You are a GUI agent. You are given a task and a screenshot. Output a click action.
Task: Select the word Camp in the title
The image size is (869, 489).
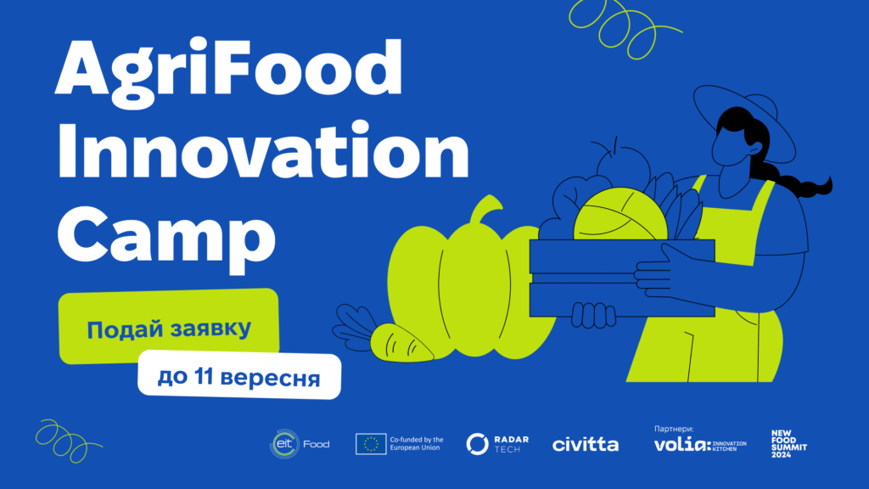pos(167,237)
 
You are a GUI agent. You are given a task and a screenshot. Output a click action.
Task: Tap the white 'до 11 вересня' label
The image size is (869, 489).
pos(238,375)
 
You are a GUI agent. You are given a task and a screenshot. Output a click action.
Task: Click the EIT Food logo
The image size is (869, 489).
pos(300,443)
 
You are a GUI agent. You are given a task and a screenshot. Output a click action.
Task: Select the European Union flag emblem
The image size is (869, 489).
pos(371,443)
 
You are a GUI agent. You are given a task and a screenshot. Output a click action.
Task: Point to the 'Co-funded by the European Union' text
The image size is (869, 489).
pos(416,443)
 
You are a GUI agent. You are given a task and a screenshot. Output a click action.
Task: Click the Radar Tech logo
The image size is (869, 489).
pos(497,443)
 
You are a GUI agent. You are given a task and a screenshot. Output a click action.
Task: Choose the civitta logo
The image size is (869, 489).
pos(586,444)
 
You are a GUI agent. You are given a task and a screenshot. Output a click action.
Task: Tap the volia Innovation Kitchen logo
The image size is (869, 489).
pos(700,445)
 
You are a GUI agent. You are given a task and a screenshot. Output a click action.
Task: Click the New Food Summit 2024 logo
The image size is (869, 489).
pos(788,443)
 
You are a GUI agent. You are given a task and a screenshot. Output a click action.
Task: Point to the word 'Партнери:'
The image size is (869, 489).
pos(673,429)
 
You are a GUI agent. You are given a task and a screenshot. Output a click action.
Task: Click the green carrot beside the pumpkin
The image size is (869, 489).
pos(401,344)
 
